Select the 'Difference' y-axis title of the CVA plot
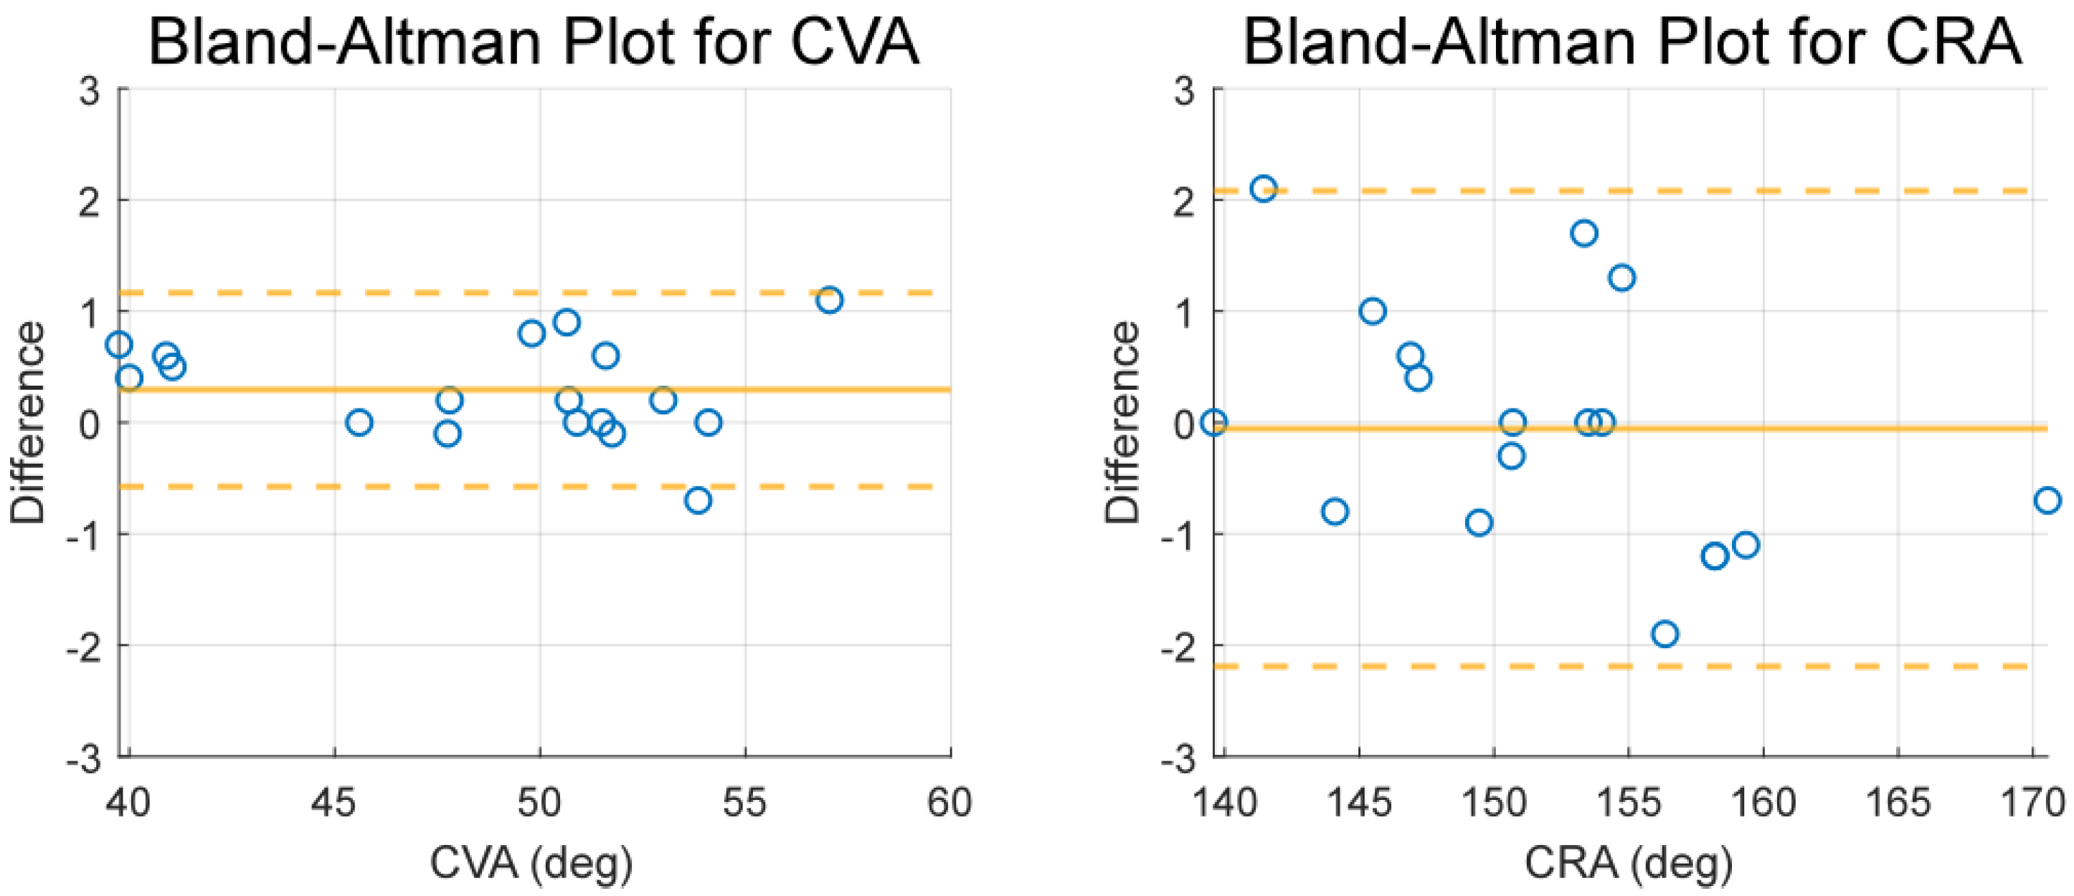tap(27, 423)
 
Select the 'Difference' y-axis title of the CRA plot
tap(1122, 423)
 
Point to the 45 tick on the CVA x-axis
tap(334, 803)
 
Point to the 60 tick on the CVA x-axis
tap(950, 803)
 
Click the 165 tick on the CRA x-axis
tap(1898, 803)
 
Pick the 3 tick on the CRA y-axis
tap(1184, 90)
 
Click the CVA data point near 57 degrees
tap(829, 300)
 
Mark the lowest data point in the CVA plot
tap(698, 501)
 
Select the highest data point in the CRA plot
tap(1263, 189)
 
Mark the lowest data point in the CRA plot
tap(1665, 634)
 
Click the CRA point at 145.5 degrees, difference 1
tap(1373, 312)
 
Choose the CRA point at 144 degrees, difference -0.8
tap(1335, 512)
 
